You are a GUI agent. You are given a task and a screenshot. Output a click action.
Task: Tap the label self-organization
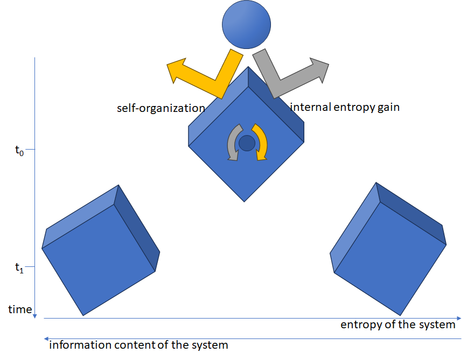click(x=161, y=108)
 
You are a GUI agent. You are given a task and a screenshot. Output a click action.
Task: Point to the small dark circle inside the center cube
click(x=247, y=143)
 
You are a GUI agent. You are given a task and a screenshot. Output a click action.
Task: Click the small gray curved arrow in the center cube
click(x=233, y=143)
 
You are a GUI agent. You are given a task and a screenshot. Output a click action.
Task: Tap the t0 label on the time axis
click(x=19, y=150)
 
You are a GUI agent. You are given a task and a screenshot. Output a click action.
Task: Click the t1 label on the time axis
click(x=19, y=267)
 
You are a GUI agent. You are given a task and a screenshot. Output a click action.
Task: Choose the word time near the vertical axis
click(x=19, y=309)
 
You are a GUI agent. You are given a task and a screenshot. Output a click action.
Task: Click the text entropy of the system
click(x=398, y=325)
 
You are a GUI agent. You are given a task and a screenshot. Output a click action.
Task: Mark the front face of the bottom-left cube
click(x=99, y=261)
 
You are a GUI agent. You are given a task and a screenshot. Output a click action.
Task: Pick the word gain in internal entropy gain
click(x=389, y=107)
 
